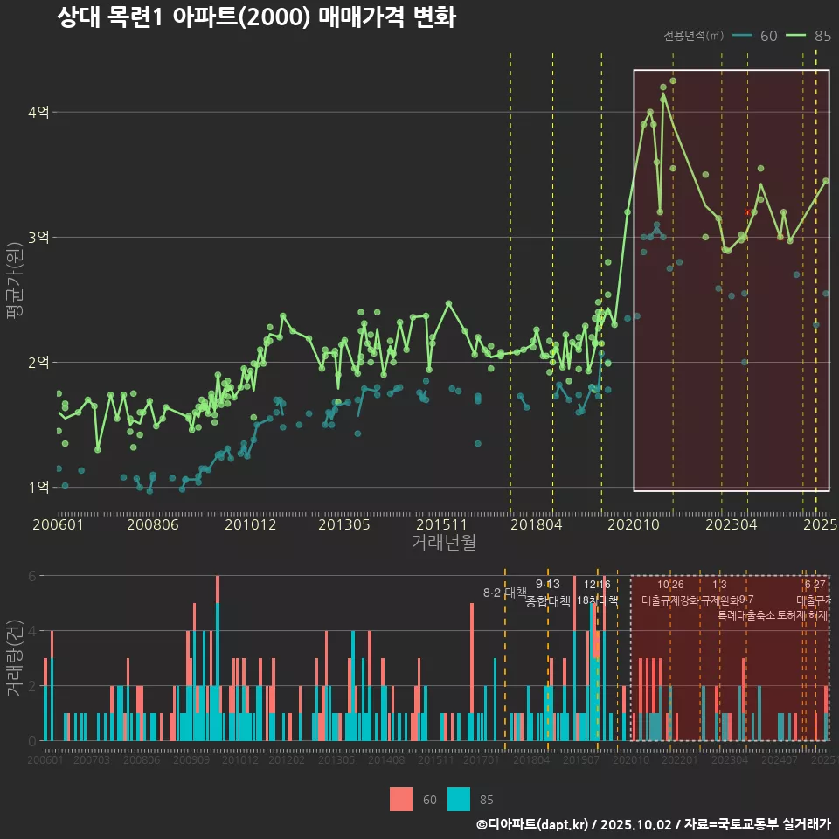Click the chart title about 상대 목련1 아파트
pyautogui.click(x=256, y=17)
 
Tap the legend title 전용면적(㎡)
pyautogui.click(x=693, y=36)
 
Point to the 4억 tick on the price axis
pyautogui.click(x=38, y=112)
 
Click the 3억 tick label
pyautogui.click(x=38, y=237)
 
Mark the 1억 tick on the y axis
pyautogui.click(x=38, y=487)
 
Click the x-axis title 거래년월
pyautogui.click(x=443, y=542)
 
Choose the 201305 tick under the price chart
pyautogui.click(x=344, y=524)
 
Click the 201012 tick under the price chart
pyautogui.click(x=250, y=524)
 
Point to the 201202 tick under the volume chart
pyautogui.click(x=288, y=760)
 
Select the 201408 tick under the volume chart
pyautogui.click(x=385, y=760)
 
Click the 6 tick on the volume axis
pyautogui.click(x=32, y=576)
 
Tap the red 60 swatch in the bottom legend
pyautogui.click(x=401, y=799)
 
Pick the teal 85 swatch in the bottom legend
pyautogui.click(x=458, y=799)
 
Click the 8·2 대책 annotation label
pyautogui.click(x=498, y=593)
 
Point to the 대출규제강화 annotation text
pyautogui.click(x=670, y=600)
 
